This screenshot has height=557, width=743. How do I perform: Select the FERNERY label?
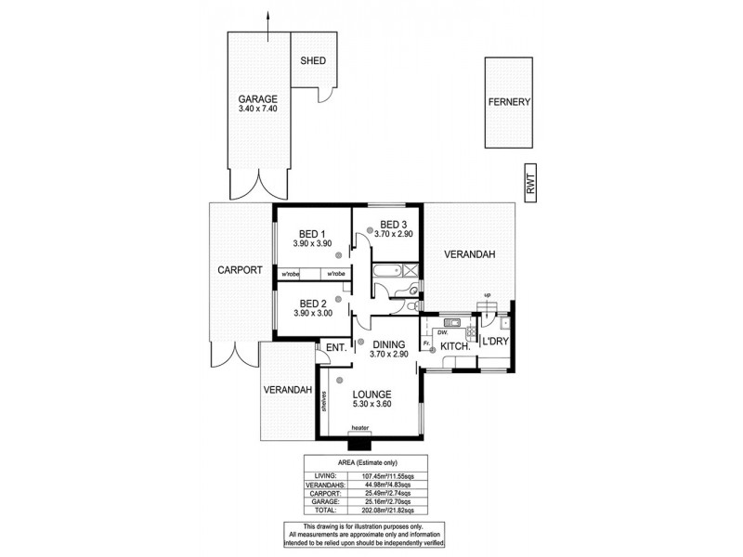pos(509,102)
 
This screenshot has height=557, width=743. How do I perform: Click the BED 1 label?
pos(311,233)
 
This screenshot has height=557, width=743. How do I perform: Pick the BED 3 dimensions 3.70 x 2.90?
pos(394,235)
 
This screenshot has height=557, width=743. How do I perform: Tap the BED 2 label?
pos(311,303)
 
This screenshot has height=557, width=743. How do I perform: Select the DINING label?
pos(389,342)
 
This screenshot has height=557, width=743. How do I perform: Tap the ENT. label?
pos(335,348)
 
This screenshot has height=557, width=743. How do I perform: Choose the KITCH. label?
pos(455,345)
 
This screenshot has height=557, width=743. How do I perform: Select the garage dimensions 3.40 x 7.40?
pos(257,110)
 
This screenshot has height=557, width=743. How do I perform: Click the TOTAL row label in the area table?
pos(328,510)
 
